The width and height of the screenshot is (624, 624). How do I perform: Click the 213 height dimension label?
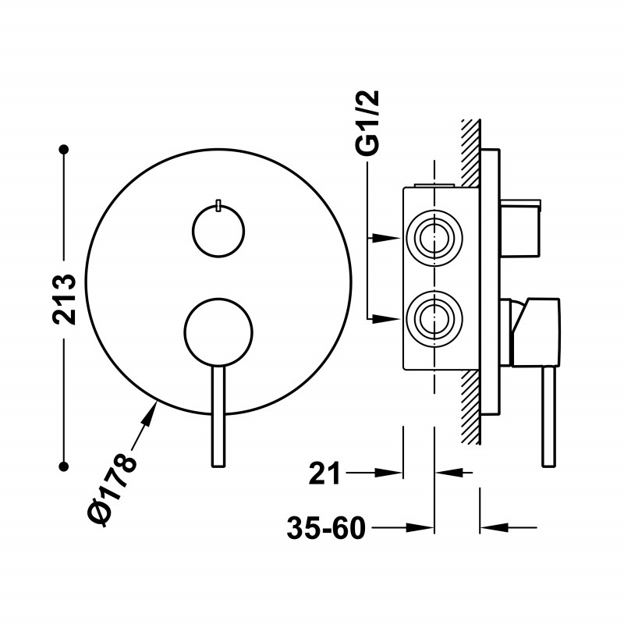pos(64,300)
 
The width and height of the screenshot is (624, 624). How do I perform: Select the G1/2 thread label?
pos(367,122)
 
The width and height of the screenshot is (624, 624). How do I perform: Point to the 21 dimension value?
pos(324,473)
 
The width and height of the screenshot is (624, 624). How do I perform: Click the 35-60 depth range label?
pos(326,528)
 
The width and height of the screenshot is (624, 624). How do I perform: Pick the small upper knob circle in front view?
pos(218,231)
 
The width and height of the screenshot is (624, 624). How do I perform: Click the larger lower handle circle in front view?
pos(218,331)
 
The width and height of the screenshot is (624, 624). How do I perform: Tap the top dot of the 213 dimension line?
pos(63,149)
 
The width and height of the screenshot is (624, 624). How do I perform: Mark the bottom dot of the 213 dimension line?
pos(63,466)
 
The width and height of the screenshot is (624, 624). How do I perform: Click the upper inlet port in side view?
pos(434,238)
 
